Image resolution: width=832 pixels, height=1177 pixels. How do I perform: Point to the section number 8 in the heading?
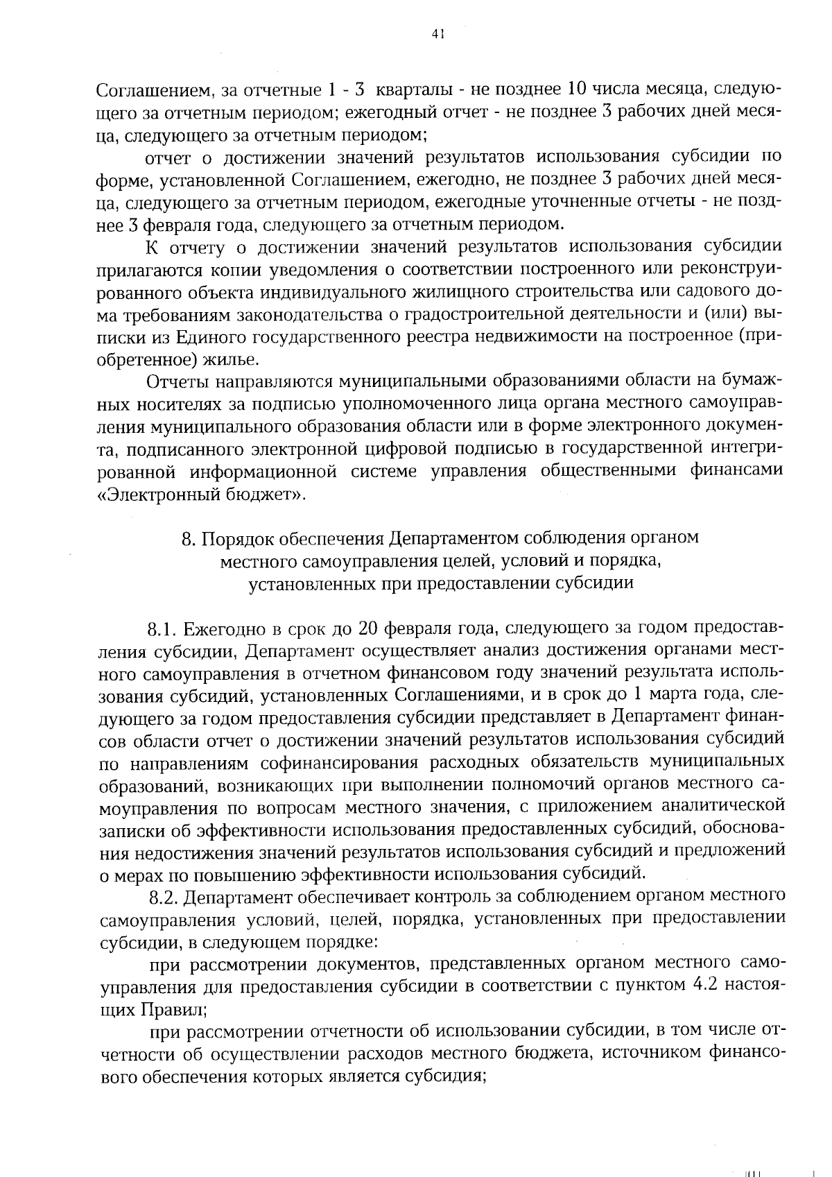pyautogui.click(x=185, y=538)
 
